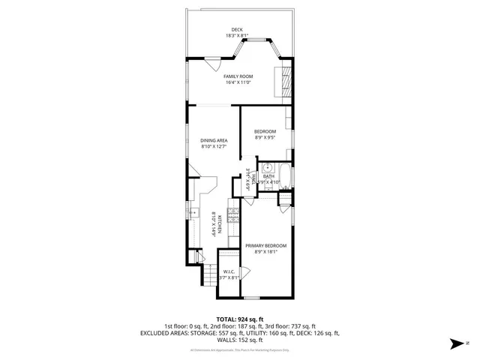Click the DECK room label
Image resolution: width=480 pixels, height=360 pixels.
[x=236, y=31]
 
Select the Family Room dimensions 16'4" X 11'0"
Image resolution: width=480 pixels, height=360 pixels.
[x=238, y=82]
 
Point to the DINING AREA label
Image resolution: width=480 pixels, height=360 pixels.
[x=214, y=140]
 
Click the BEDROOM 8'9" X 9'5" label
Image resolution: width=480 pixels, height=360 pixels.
[x=265, y=132]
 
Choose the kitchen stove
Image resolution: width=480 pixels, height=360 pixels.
[x=233, y=217]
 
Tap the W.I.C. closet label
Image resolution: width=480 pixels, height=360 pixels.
[x=229, y=272]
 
